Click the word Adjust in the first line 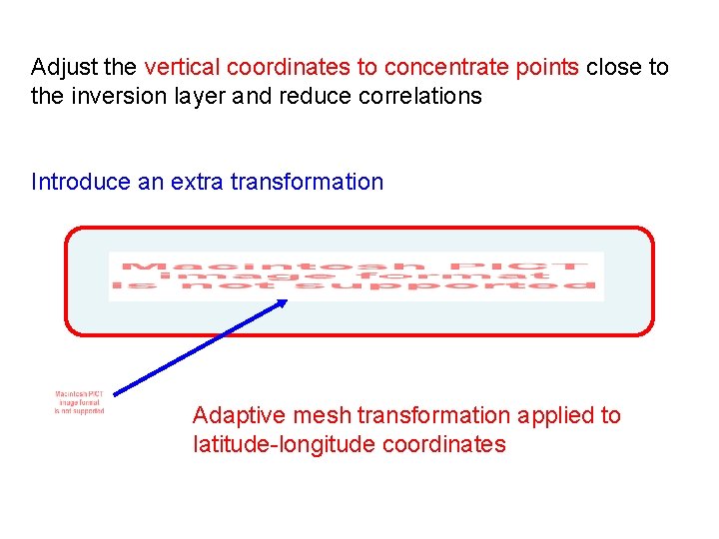point(64,68)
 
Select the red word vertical point(183,68)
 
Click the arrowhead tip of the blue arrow point(286,302)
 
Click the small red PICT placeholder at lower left point(79,402)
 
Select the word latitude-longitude point(284,444)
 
